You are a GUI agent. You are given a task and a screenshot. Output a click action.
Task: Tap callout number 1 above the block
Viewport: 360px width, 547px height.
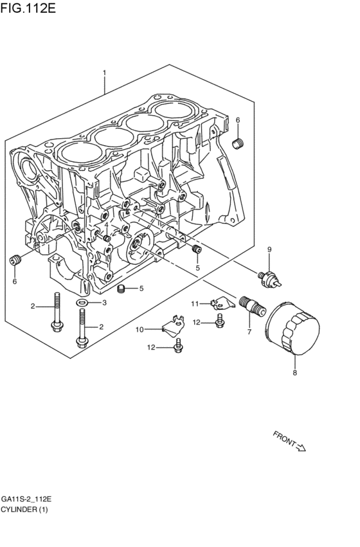point(105,73)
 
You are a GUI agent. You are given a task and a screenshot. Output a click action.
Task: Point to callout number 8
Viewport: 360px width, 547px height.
point(295,372)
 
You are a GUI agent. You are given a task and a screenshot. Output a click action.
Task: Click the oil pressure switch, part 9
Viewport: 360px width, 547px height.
point(270,276)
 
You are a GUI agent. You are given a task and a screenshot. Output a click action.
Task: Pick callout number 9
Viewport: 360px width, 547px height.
point(269,249)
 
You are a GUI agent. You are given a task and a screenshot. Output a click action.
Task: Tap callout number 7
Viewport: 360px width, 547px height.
point(249,332)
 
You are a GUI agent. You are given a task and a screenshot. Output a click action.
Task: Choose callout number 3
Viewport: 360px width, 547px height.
point(104,302)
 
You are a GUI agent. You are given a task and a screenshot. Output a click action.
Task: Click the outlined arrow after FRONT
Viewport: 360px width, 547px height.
point(301,447)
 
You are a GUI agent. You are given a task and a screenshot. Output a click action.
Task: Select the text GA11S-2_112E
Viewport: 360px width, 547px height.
point(26,499)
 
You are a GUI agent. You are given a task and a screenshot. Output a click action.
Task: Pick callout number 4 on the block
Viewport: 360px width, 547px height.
point(106,225)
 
